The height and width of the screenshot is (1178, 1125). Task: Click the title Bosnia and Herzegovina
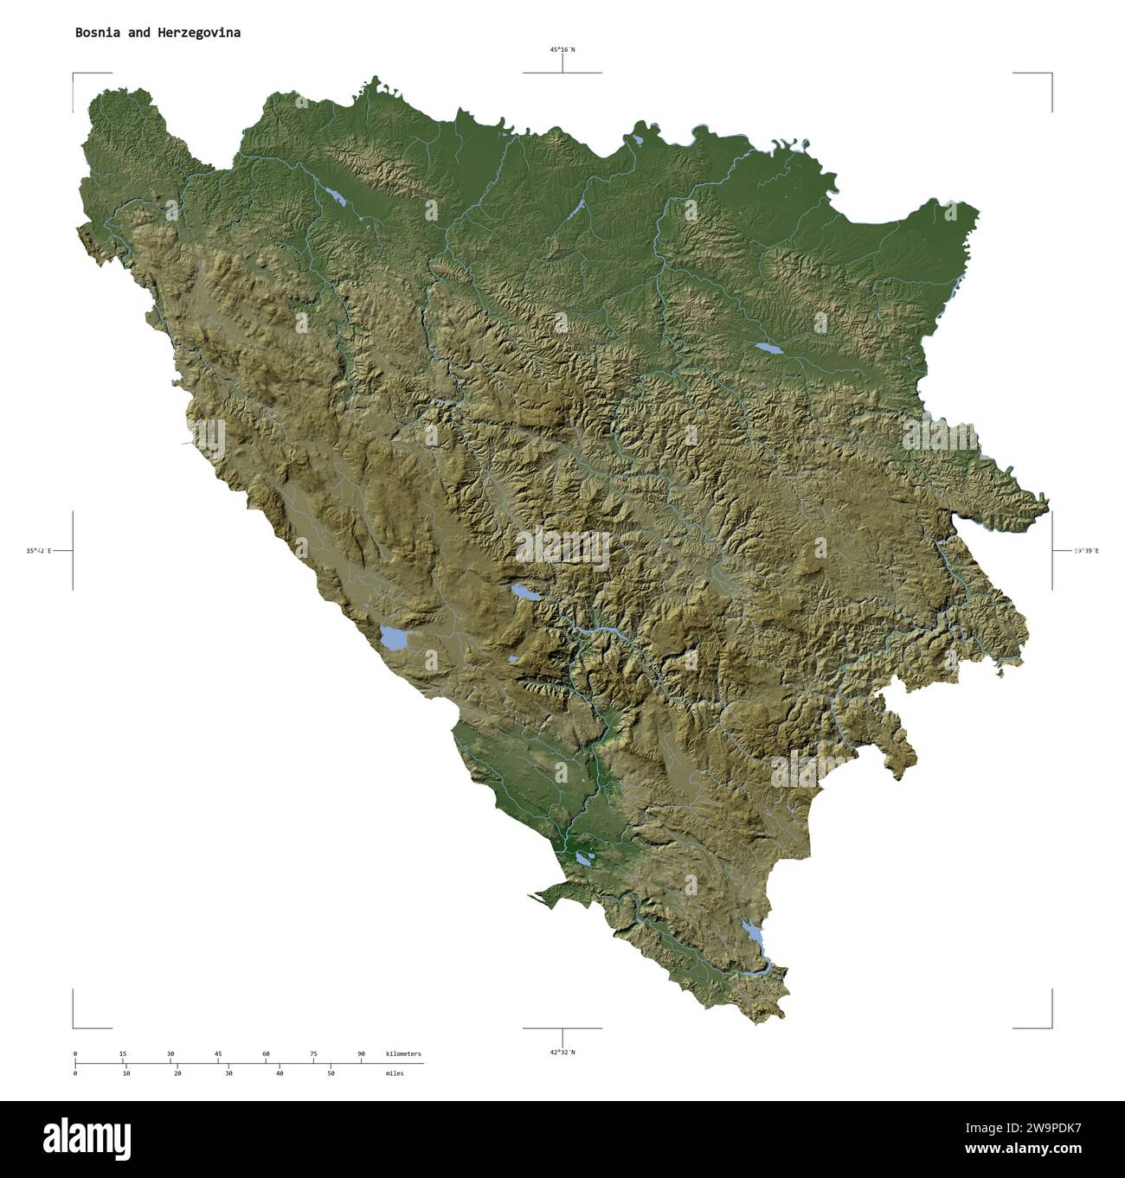157,33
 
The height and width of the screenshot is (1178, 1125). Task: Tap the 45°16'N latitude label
562,50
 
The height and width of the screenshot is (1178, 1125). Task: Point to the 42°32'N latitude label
562,1052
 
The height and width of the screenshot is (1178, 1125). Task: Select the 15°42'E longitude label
39,550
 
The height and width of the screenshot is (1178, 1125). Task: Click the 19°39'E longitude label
1086,550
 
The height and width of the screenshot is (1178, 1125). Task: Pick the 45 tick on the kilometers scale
218,1053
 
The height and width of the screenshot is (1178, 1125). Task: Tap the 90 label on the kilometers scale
361,1053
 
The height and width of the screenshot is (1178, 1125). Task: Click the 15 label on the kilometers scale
123,1053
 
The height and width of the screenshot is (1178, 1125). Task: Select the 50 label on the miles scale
331,1073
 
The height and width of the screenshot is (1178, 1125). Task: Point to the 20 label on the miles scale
177,1073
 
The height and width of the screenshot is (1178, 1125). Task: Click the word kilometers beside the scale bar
403,1053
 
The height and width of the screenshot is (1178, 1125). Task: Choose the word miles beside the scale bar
395,1073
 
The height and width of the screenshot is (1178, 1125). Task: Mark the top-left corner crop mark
74,74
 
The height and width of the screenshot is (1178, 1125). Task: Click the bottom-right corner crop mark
1051,1028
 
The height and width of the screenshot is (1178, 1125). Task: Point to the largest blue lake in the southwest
394,638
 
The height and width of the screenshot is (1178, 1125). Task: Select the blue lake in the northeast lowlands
766,349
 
